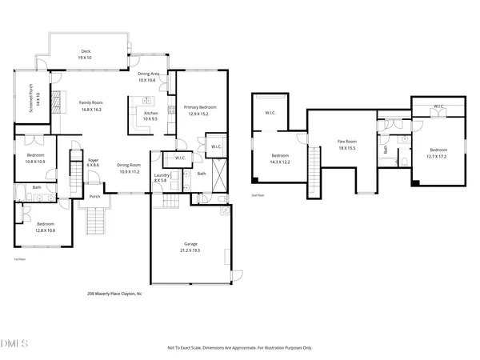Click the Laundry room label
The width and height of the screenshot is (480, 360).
tap(161, 176)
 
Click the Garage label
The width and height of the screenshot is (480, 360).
tap(188, 246)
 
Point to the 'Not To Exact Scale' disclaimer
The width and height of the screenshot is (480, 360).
tap(239, 348)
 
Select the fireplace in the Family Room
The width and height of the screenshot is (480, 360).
tap(55, 102)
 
